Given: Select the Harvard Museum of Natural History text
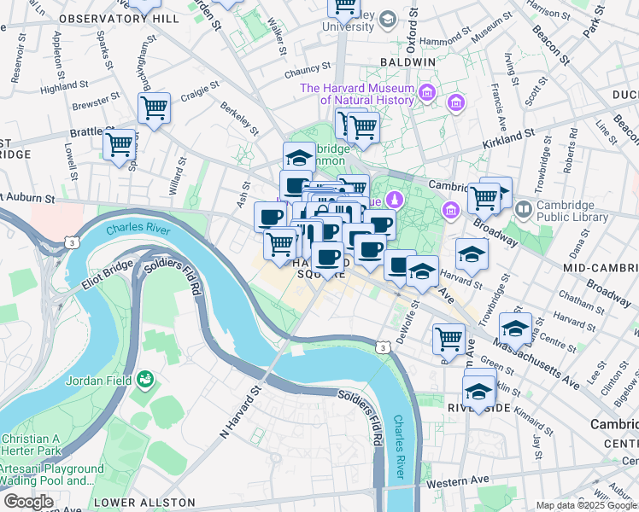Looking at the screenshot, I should pyautogui.click(x=356, y=94).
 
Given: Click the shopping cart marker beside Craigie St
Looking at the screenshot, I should pyautogui.click(x=154, y=108).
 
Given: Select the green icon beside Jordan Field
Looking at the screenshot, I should pyautogui.click(x=146, y=377).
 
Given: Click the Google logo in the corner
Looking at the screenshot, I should pyautogui.click(x=28, y=501).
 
